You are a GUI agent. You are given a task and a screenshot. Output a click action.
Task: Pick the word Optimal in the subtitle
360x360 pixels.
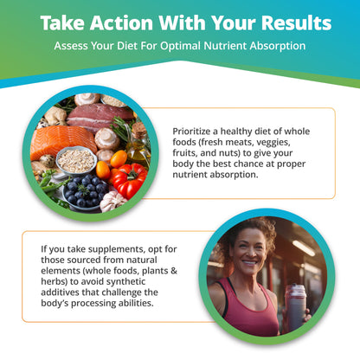pyautogui.click(x=170, y=45)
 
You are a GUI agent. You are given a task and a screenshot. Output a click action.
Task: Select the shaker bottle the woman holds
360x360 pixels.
pyautogui.click(x=293, y=305)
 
